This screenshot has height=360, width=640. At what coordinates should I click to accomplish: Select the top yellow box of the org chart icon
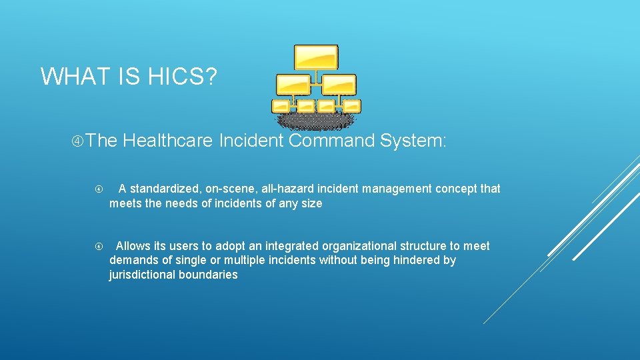316,57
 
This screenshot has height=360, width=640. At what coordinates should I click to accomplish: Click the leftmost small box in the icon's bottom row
281,105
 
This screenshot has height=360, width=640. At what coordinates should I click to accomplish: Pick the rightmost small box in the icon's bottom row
351,105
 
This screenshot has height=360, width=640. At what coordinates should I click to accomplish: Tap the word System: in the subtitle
413,141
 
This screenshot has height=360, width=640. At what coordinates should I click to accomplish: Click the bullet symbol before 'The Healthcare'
77,141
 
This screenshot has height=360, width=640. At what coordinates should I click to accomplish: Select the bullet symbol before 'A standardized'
99,189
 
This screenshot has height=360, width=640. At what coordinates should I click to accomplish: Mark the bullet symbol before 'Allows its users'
99,247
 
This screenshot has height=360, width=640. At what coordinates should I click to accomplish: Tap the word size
311,203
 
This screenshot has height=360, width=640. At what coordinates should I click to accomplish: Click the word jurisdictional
142,275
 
